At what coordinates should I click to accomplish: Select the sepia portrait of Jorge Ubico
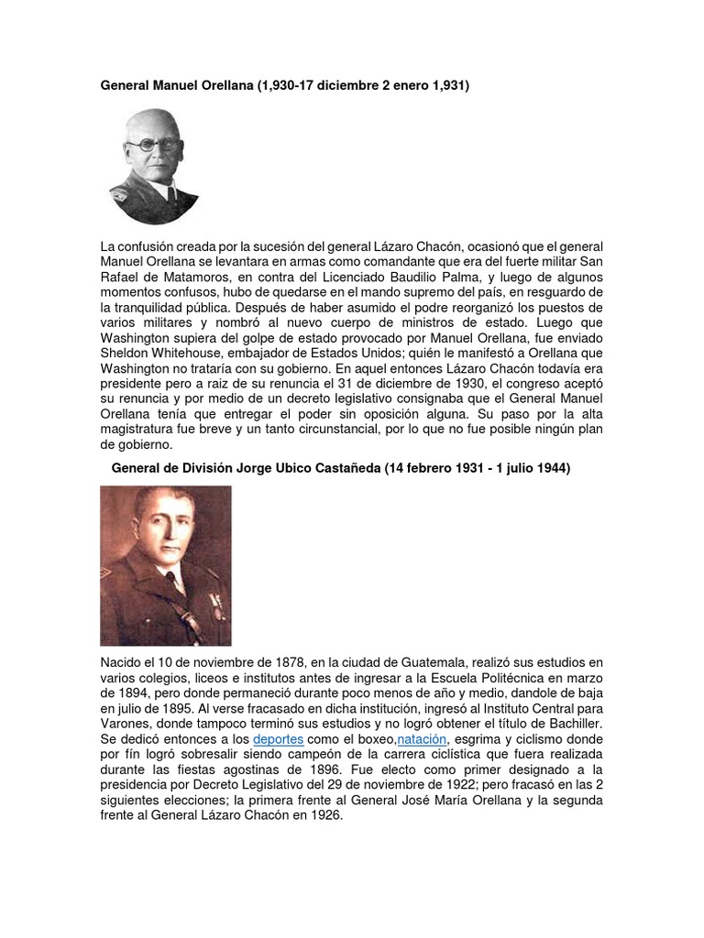point(166,565)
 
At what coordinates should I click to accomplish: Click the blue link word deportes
point(278,738)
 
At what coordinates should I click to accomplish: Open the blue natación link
point(422,738)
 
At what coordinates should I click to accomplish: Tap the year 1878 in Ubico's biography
point(271,661)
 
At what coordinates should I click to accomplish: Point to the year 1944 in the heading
point(553,468)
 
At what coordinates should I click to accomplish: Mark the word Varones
point(126,724)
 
